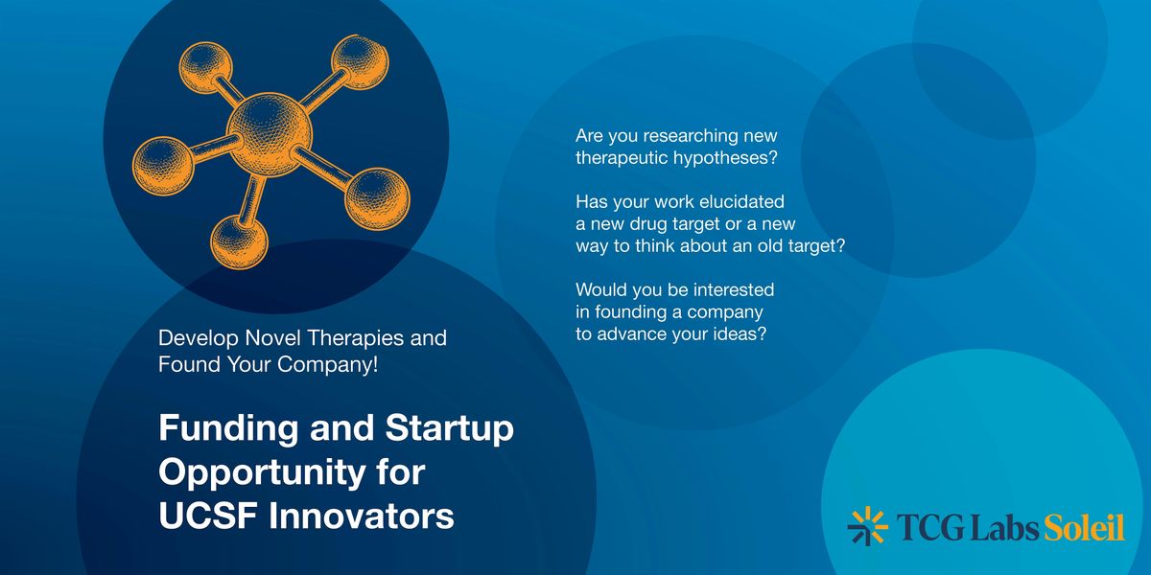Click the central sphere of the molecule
click(270, 134)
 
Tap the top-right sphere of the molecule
click(360, 61)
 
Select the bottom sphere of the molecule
click(239, 242)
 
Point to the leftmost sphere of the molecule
click(163, 166)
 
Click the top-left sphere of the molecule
click(205, 68)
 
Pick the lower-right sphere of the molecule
click(377, 199)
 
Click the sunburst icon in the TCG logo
click(867, 526)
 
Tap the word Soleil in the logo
click(1084, 527)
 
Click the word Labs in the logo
click(1005, 527)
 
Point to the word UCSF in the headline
click(208, 516)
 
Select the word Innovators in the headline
click(362, 516)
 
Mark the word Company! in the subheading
click(328, 365)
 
